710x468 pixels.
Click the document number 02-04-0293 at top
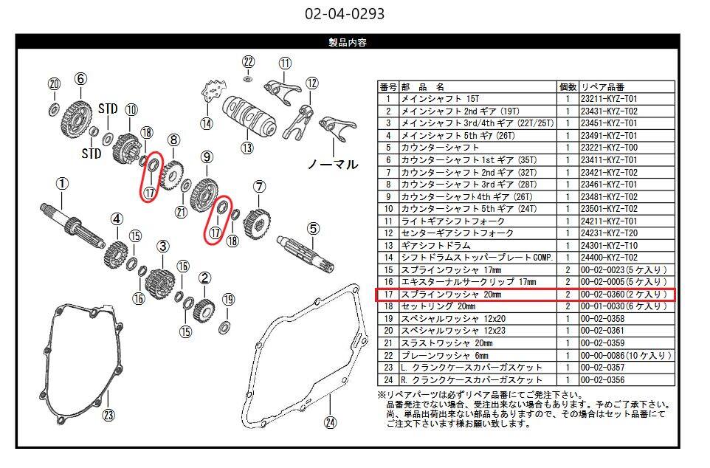tap(345, 13)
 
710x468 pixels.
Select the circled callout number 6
tap(80, 79)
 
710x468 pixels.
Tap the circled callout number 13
tap(247, 148)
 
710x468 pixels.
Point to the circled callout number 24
tap(331, 422)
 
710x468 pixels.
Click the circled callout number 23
tap(108, 415)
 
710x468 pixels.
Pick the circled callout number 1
tap(62, 184)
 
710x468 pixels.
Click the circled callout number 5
tap(314, 228)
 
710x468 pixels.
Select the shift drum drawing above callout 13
tap(249, 117)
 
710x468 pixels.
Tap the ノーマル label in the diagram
tap(333, 164)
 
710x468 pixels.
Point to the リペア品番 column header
tap(603, 87)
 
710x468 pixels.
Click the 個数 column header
tap(568, 87)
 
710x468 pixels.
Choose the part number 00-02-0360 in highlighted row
tap(602, 295)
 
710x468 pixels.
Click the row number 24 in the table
tap(388, 380)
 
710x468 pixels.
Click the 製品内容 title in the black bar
tap(348, 43)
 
